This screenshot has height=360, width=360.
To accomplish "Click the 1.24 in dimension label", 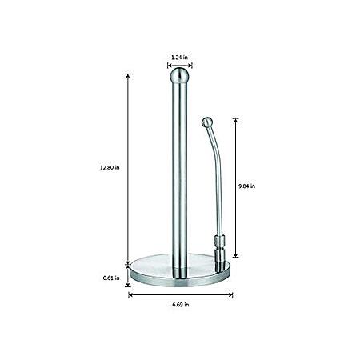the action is [179, 57].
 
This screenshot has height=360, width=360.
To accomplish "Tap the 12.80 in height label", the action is [110, 168].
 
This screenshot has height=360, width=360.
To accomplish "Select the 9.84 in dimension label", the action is [246, 186].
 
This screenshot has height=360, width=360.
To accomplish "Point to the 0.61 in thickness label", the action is [111, 278].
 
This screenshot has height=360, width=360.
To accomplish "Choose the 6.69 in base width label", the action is [181, 305].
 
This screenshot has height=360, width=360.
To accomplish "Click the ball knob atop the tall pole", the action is [179, 75].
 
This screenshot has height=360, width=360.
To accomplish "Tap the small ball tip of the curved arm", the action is [207, 122].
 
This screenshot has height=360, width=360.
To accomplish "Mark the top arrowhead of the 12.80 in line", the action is [128, 76].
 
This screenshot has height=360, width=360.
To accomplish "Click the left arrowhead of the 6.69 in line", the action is [130, 295].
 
